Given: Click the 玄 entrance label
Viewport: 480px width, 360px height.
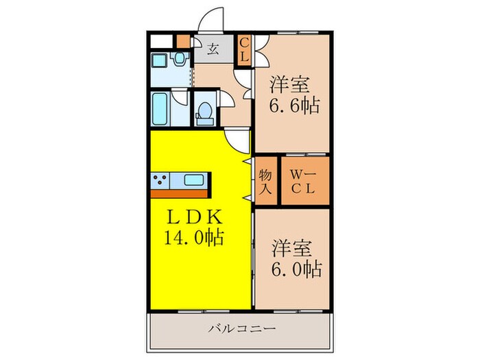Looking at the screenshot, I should click(x=213, y=49).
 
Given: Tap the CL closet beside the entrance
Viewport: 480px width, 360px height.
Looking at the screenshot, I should click(x=243, y=50).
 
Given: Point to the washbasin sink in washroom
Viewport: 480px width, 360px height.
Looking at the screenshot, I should click(x=179, y=60).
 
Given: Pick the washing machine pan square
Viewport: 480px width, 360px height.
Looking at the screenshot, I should click(x=162, y=60).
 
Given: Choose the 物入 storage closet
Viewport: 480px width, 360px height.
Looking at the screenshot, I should click(x=265, y=181).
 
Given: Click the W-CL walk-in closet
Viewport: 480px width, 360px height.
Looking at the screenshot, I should click(x=302, y=182).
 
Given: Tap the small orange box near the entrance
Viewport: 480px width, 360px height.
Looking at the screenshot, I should click(x=183, y=40).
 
